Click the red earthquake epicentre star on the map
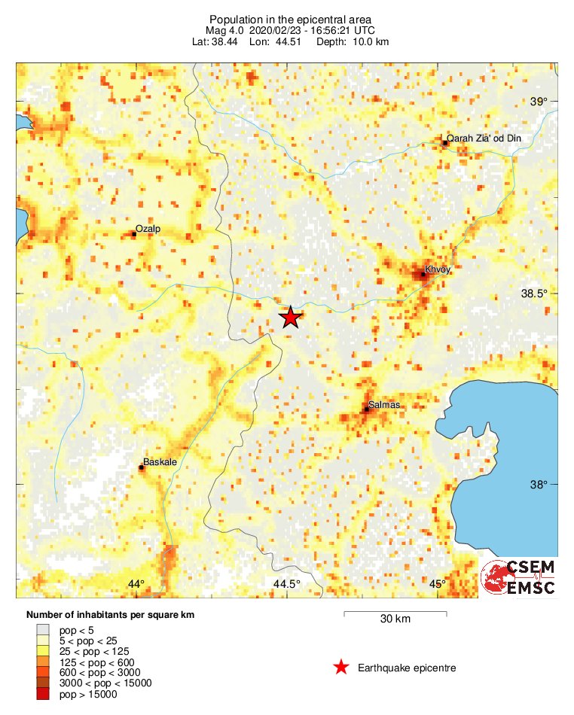pos(290,318)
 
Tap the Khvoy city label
pos(437,269)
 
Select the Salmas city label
pos(385,405)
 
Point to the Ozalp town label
pos(148,228)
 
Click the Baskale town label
pos(160,462)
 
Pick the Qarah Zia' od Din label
pos(494,138)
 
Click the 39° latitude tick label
pos(539,102)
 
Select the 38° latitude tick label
pos(539,485)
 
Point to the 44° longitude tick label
pos(136,584)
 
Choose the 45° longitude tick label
pos(438,584)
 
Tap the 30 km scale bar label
pos(395,619)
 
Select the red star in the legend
pos(341,667)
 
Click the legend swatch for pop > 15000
pos(43,695)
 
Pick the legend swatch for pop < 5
pos(43,629)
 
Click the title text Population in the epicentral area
pos(291,18)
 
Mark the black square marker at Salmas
pos(367,409)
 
